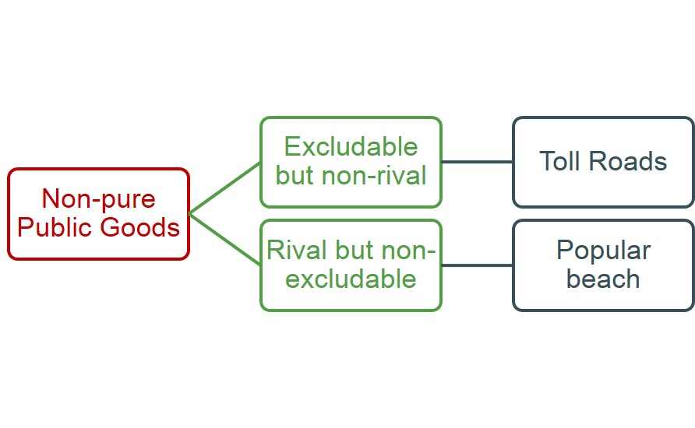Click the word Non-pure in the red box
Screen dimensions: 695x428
click(98, 198)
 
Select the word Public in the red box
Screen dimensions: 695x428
click(55, 227)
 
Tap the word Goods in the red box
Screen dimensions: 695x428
click(139, 227)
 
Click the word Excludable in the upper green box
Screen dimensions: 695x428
click(351, 146)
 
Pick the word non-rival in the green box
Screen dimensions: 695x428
click(374, 175)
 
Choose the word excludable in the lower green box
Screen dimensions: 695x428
click(351, 279)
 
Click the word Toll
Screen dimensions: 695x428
click(559, 160)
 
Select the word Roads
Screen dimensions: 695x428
click(628, 160)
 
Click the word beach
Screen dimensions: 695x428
click(603, 279)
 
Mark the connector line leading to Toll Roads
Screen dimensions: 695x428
click(477, 162)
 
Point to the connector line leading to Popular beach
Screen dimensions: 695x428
click(477, 265)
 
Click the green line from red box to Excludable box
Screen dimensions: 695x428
click(224, 188)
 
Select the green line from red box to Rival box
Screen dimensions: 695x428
click(224, 240)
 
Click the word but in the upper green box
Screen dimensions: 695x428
click(295, 175)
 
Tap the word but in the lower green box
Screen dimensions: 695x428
click(355, 250)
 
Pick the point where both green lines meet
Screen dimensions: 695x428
click(189, 214)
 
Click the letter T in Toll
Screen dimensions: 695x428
click(546, 160)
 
